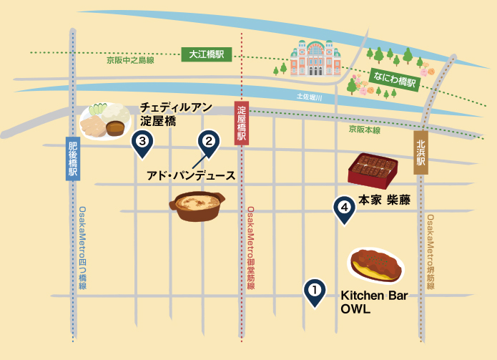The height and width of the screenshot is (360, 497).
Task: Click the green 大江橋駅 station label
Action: (206, 54)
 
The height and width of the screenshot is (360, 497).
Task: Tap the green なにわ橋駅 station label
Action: (393, 77)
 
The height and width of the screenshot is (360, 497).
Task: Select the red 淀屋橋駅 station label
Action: (242, 124)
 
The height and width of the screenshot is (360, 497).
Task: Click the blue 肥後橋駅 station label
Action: (72, 159)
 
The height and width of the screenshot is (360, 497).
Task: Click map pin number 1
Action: (313, 291)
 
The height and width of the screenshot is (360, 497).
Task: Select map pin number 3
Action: (142, 142)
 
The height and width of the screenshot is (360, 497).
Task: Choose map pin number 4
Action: (345, 208)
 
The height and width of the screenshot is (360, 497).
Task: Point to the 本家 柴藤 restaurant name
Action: (384, 201)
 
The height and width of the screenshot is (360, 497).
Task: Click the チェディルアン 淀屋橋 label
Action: (176, 115)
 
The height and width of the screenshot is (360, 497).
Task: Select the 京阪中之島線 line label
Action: (130, 61)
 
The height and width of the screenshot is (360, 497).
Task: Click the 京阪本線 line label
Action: (364, 130)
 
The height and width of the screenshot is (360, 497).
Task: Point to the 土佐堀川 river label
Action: (310, 97)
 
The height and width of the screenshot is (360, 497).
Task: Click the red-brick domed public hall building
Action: (312, 59)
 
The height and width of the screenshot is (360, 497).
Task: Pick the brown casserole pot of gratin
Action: (198, 207)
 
